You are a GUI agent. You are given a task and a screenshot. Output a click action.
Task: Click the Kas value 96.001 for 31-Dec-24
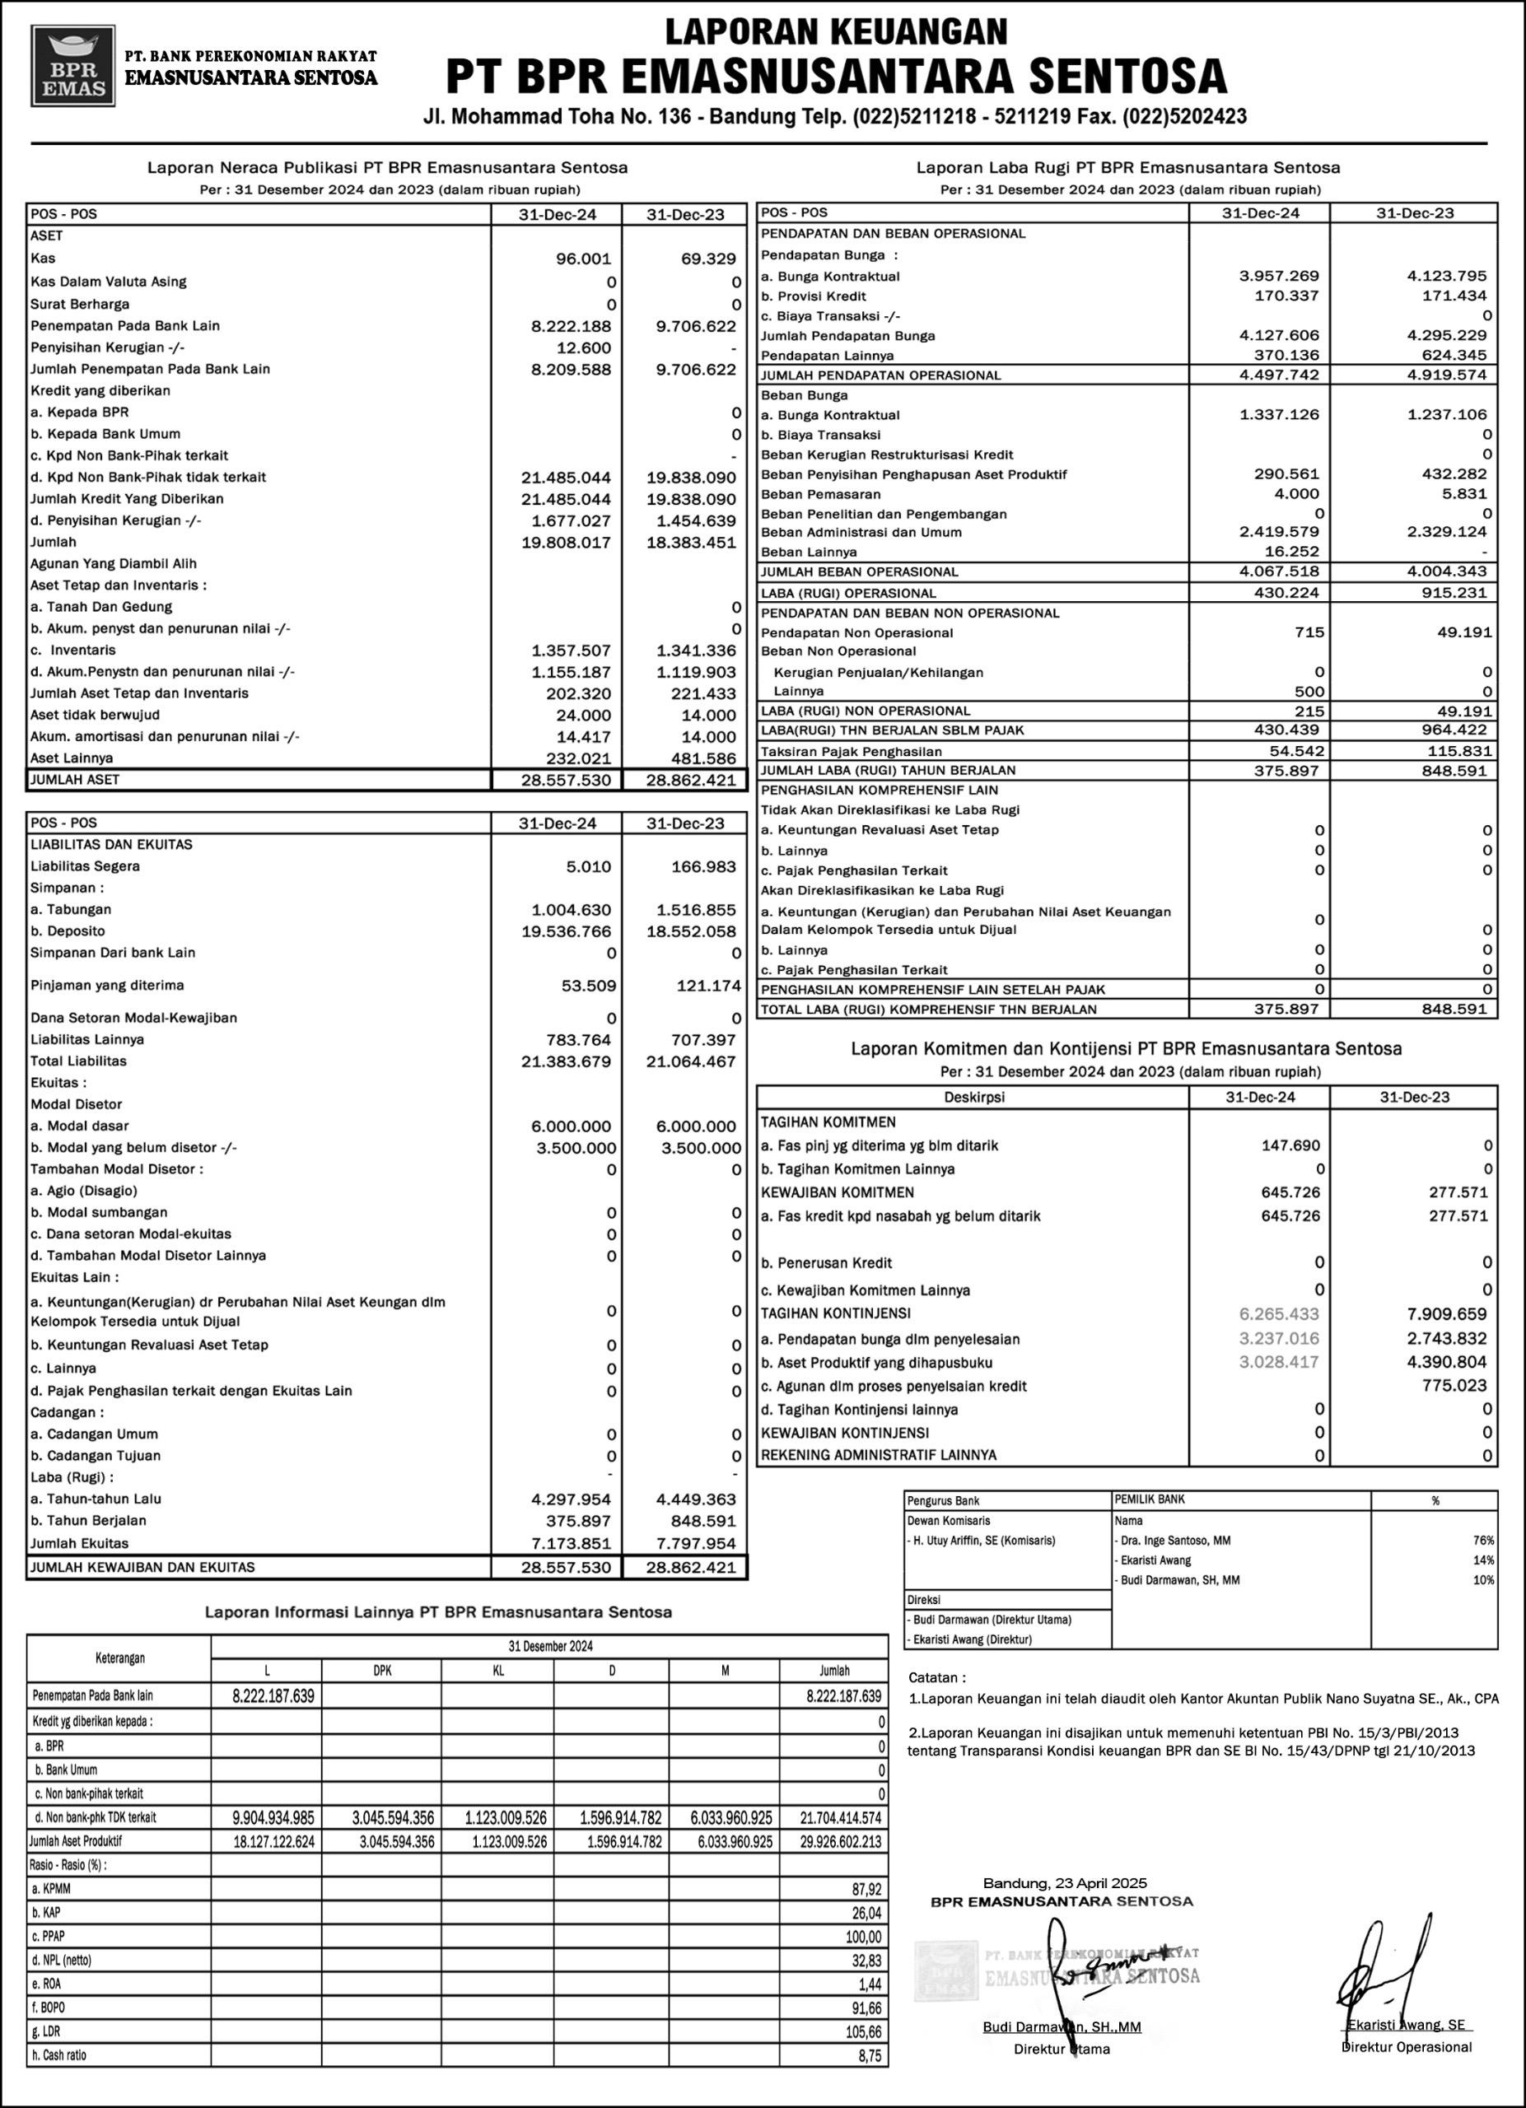point(584,259)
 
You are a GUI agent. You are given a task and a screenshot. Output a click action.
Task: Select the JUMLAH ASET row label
point(75,780)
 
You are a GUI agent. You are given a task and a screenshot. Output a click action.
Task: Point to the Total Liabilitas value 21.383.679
point(566,1061)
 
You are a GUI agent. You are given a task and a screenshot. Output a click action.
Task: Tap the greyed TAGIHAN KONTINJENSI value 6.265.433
point(1279,1314)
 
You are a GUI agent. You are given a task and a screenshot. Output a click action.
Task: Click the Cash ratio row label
point(58,2055)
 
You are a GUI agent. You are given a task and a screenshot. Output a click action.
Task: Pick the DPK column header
point(382,1670)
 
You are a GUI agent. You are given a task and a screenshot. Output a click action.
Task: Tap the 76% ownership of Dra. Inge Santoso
point(1483,1540)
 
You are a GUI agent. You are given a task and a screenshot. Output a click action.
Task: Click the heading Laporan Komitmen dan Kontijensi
point(1127,1048)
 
